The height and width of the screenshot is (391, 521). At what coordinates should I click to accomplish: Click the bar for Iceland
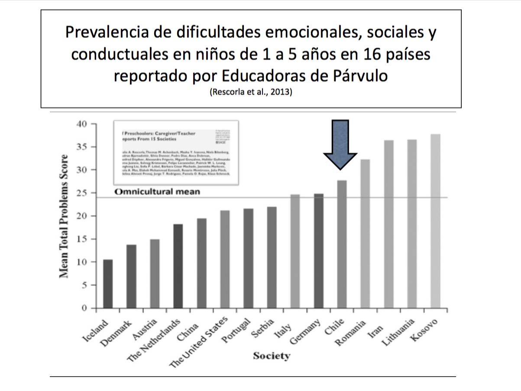tap(108, 284)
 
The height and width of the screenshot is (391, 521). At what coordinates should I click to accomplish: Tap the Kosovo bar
tap(435, 221)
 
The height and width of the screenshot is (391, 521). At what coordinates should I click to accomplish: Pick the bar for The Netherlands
tap(178, 266)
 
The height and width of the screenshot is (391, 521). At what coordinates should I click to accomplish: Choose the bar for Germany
tap(318, 251)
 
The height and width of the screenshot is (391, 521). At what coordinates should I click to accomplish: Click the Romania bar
tap(365, 234)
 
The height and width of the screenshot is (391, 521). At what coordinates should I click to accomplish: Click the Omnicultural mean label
tap(157, 191)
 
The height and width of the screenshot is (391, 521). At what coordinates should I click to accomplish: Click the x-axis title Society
tap(272, 356)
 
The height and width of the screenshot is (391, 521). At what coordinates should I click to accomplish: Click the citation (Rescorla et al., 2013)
tap(251, 92)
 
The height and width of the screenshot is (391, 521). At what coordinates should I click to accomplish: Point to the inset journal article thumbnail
tap(175, 153)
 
